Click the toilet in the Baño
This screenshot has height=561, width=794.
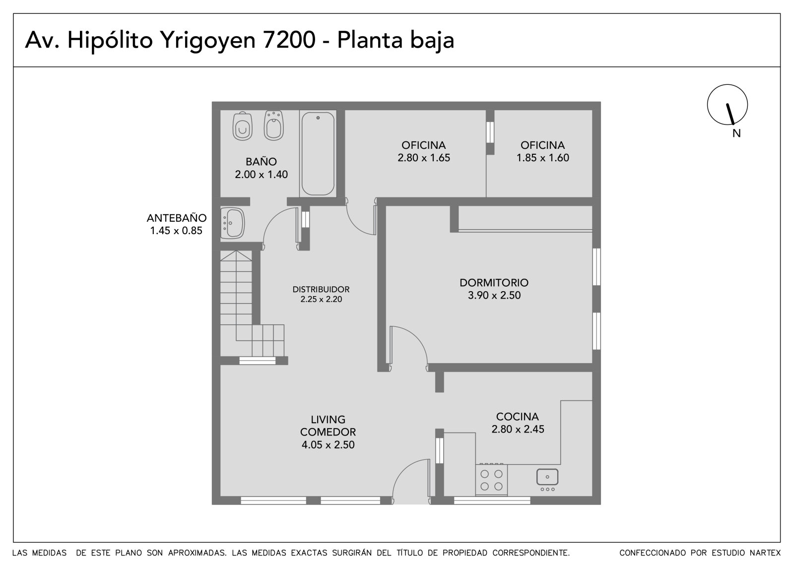[243, 126]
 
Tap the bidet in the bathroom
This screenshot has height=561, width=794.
[273, 125]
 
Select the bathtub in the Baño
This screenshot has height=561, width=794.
[318, 153]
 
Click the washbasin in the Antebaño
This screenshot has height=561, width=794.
[233, 223]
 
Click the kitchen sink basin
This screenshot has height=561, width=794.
[547, 477]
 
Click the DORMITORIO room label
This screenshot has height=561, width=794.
[494, 282]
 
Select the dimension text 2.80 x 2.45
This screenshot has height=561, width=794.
[518, 429]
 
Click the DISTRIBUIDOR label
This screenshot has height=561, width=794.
[321, 289]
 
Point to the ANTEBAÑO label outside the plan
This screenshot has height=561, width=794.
[177, 218]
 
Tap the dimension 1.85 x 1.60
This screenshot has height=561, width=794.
[543, 158]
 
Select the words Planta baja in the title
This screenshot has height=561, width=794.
[396, 40]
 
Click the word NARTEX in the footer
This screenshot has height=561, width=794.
[765, 553]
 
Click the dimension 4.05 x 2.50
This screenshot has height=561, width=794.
[328, 445]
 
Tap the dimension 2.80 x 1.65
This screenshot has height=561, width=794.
[424, 158]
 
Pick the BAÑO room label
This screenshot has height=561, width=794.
[261, 162]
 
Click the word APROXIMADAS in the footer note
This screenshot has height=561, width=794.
[197, 553]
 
